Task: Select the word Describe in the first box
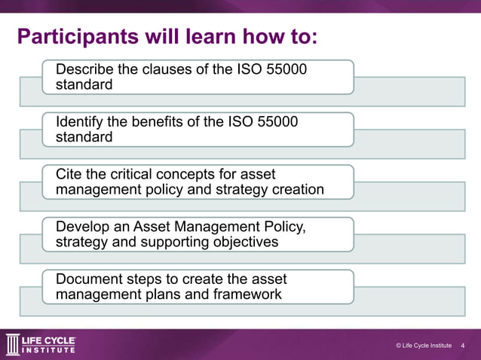click(x=85, y=69)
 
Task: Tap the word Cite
click(x=69, y=174)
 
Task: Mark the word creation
click(x=298, y=189)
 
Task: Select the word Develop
click(x=83, y=227)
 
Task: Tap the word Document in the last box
click(x=89, y=279)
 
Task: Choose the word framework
click(x=248, y=294)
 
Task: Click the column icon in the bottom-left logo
click(x=13, y=344)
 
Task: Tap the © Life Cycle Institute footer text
click(x=423, y=346)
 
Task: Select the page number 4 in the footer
click(x=462, y=346)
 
